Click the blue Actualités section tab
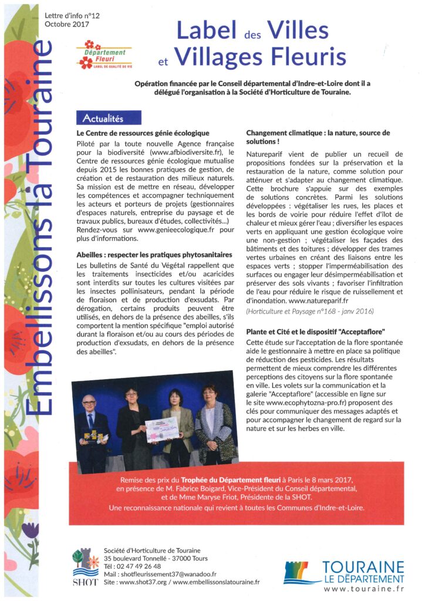pos(109,118)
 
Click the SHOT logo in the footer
pos(85,568)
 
